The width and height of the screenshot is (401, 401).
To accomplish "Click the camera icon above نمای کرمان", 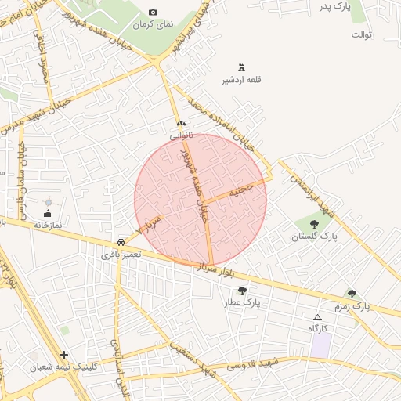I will [x=153, y=13].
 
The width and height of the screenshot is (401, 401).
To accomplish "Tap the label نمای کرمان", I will [x=153, y=25].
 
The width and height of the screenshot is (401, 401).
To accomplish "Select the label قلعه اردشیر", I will [x=241, y=81].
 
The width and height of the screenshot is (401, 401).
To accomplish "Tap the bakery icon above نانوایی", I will [x=182, y=124].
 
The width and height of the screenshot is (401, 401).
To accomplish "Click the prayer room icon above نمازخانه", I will [x=49, y=212].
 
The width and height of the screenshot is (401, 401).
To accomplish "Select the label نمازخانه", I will [x=46, y=224].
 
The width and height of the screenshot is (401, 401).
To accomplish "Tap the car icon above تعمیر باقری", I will [x=121, y=242].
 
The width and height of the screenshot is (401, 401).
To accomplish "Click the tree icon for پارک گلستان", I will [x=314, y=225].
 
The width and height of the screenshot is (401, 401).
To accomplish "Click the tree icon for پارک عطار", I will [x=242, y=291].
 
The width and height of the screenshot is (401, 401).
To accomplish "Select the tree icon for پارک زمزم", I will [x=352, y=294].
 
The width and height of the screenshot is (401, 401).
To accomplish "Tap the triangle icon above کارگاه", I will [x=317, y=317].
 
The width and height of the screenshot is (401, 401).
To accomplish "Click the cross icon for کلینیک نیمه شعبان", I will [x=64, y=355].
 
